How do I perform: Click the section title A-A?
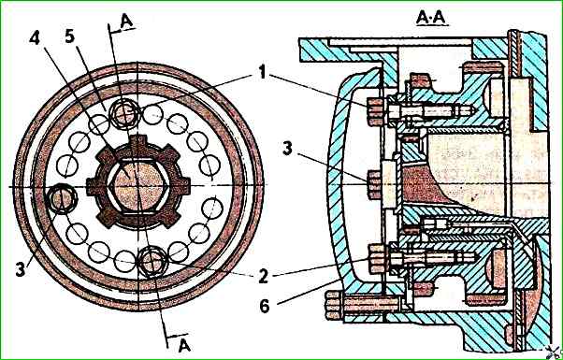click(432, 18)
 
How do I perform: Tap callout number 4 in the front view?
click(35, 38)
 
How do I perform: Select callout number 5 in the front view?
click(70, 36)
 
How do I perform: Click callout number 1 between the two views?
click(263, 73)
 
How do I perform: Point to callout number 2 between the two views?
click(264, 276)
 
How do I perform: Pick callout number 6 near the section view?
click(265, 307)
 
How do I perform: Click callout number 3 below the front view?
click(21, 269)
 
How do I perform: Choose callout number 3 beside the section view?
click(287, 149)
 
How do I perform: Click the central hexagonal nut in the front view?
click(138, 186)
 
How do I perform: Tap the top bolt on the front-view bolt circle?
click(124, 114)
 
